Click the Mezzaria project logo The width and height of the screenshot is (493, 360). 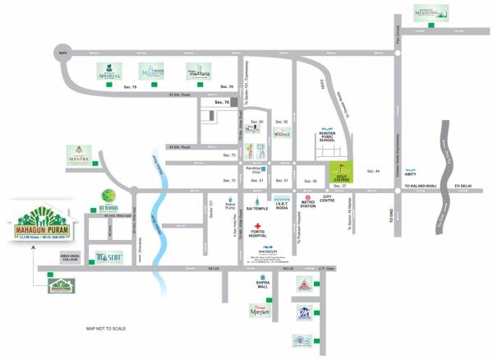[200, 71]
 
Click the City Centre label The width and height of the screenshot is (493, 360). [331, 198]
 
